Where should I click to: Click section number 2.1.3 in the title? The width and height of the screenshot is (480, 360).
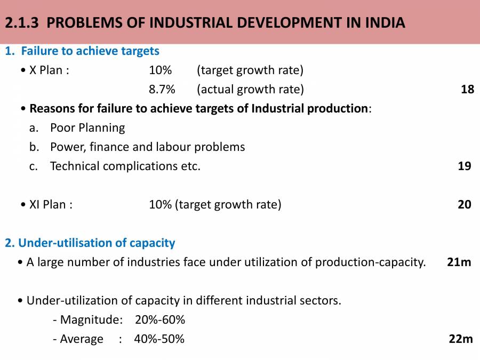(x=26, y=23)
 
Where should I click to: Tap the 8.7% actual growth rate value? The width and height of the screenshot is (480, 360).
(x=162, y=89)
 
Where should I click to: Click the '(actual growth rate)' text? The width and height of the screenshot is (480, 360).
(x=250, y=89)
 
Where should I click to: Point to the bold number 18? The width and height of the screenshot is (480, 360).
(x=467, y=89)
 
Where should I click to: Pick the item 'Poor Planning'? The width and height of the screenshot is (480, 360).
(x=87, y=127)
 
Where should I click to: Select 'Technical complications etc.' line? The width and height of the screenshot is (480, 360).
(x=125, y=166)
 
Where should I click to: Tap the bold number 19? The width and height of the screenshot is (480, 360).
(x=465, y=166)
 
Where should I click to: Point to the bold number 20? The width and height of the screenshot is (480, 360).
(x=465, y=204)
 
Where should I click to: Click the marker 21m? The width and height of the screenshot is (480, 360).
(x=459, y=262)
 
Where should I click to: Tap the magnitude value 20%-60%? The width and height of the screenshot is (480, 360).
(x=160, y=319)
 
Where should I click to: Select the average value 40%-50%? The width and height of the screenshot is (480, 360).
(x=159, y=339)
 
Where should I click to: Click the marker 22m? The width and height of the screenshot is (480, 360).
(x=461, y=339)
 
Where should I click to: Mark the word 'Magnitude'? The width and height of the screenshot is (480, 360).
(x=90, y=319)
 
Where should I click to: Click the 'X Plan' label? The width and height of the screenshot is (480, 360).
(x=49, y=70)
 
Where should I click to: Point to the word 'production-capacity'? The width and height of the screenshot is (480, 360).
(x=370, y=262)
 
